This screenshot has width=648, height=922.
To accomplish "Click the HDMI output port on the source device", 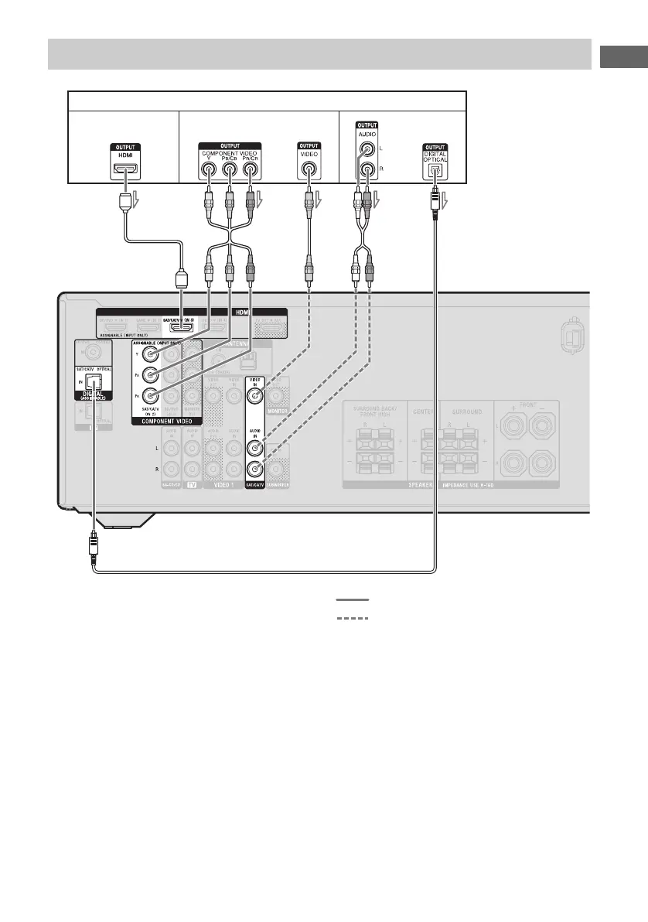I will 124,168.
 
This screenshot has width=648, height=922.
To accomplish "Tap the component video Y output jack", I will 209,169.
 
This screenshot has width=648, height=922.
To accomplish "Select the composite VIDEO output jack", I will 309,169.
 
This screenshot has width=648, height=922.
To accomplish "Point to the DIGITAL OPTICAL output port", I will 435,170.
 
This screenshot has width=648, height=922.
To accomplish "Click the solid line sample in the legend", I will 352,600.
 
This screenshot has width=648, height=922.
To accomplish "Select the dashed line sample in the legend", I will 352,618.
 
